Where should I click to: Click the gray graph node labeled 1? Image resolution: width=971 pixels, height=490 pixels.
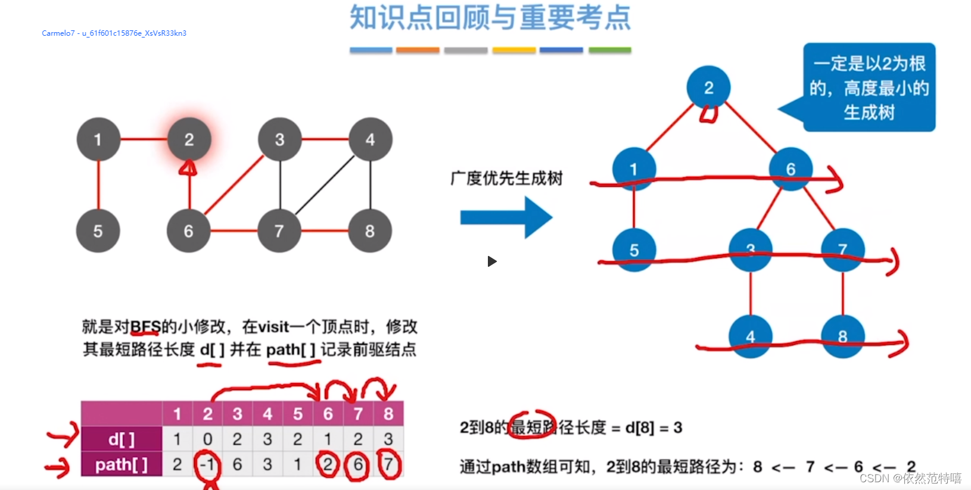98,139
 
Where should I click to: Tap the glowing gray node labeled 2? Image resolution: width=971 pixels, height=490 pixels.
189,139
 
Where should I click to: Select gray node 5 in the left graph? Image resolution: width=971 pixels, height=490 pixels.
98,231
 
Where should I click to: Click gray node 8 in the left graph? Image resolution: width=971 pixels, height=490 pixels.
370,231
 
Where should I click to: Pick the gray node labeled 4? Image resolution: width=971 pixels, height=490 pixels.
370,139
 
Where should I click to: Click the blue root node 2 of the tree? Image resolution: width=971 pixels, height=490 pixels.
708,88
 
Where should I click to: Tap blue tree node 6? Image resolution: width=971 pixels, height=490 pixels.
791,169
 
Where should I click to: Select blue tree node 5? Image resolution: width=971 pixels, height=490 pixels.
634,250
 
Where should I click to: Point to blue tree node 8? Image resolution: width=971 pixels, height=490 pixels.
842,336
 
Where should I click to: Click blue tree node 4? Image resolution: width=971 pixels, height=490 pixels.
751,336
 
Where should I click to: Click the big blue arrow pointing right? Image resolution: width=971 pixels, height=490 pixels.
506,218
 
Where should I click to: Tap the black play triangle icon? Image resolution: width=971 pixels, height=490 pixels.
491,261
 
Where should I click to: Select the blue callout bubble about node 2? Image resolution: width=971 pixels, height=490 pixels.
869,88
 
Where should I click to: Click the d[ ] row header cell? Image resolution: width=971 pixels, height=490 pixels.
122,439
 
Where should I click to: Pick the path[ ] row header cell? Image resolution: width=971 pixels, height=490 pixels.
122,464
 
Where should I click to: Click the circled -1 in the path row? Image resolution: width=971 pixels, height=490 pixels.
207,464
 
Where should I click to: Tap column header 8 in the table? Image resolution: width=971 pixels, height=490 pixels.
388,414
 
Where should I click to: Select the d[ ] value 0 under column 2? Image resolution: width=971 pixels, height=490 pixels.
207,439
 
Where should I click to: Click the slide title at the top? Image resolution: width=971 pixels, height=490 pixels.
490,18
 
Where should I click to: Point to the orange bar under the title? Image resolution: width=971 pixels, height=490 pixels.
418,51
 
